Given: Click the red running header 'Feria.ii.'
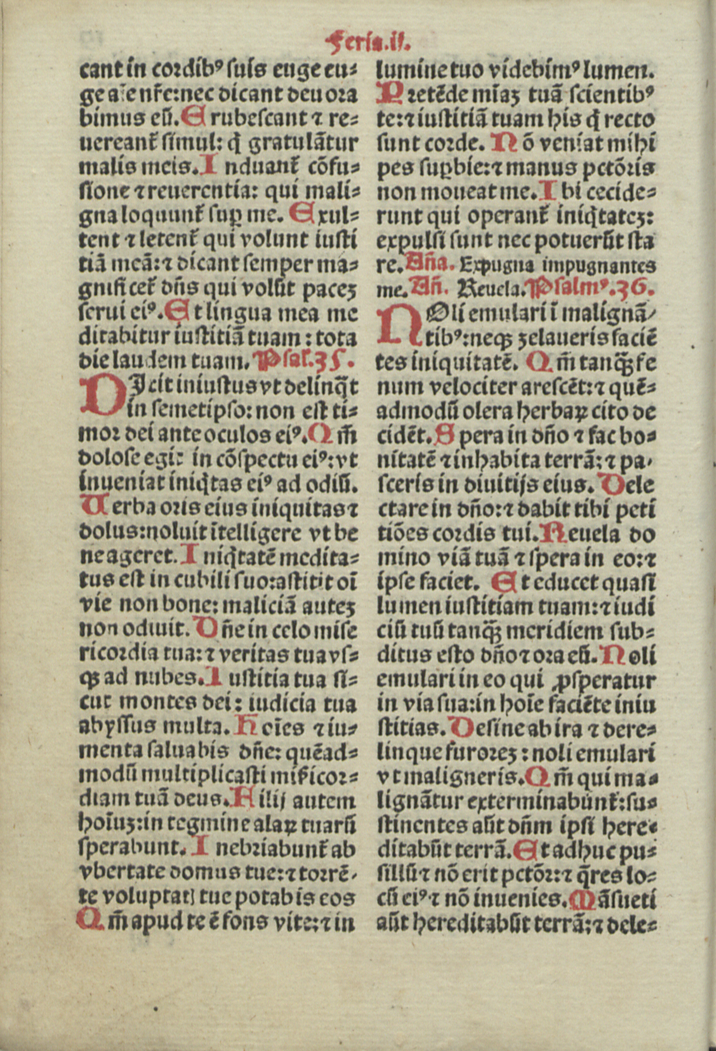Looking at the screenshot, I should click(368, 43).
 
